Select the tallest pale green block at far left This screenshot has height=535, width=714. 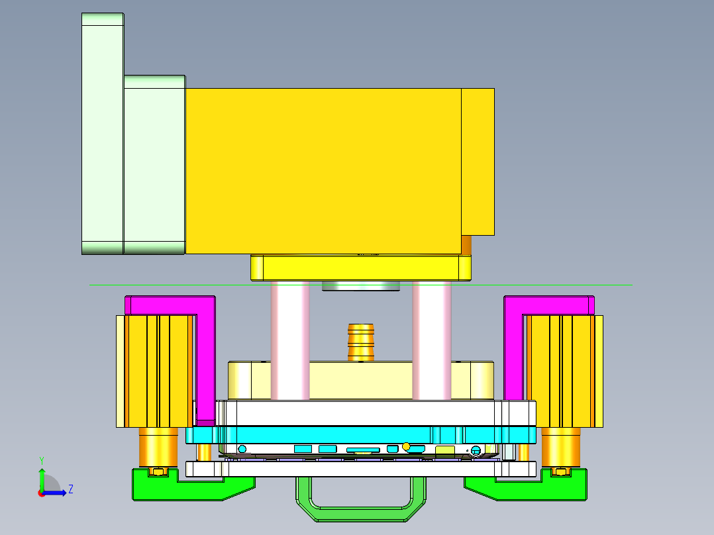[x=102, y=132]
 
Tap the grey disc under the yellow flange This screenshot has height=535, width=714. [x=361, y=286]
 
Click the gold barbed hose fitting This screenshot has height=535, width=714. [x=361, y=341]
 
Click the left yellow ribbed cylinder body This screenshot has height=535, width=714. [x=157, y=371]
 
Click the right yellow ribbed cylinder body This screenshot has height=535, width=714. [x=563, y=371]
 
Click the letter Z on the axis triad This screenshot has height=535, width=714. [x=70, y=489]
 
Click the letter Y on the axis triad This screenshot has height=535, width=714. [x=41, y=460]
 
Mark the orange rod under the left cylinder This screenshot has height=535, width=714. [x=158, y=447]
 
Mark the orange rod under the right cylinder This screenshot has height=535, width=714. [x=560, y=447]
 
